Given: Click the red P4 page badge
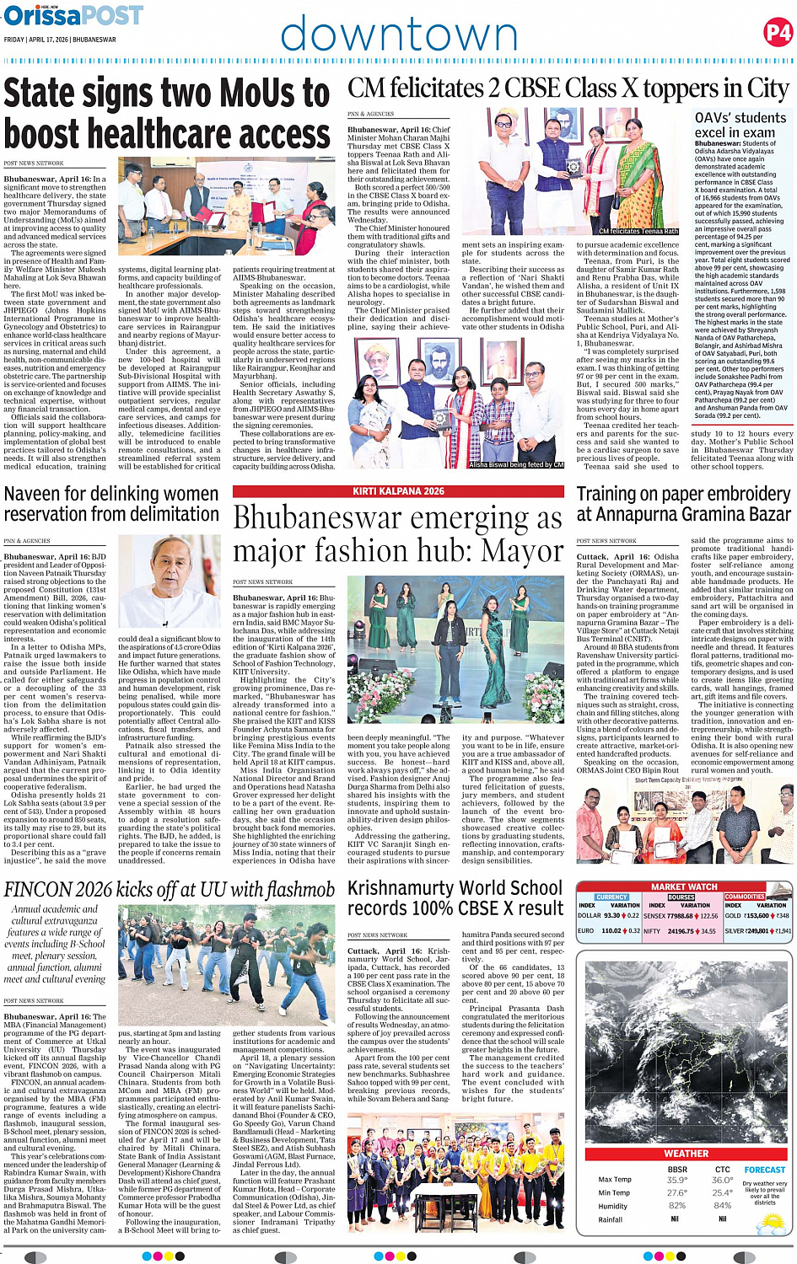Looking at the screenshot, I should coord(776,33).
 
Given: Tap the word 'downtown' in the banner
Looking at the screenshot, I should coord(399,35).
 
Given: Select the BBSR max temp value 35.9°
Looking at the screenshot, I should coord(676,1180).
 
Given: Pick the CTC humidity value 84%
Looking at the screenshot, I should coord(722,1205).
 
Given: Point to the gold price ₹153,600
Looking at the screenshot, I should coord(757,916).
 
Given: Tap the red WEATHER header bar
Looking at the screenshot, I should coord(686,1154).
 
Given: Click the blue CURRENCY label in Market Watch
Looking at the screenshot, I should coord(611,897).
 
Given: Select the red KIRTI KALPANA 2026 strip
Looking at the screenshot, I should coord(398,491).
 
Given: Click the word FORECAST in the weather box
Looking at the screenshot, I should coord(764,1170).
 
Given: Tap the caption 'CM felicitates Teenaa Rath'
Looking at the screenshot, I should coord(638,231).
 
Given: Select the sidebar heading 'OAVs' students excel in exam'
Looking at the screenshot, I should coord(738,126).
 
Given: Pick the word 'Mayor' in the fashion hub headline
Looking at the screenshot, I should coord(523,550).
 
